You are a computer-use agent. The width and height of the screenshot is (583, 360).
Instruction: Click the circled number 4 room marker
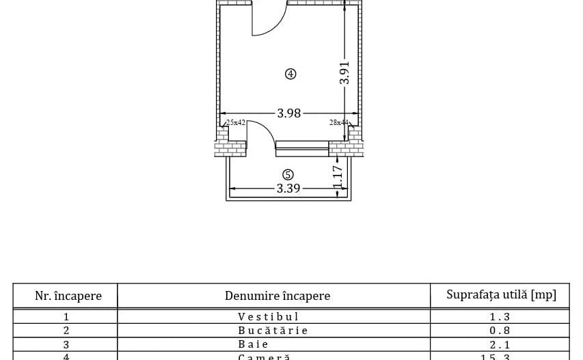click(x=290, y=74)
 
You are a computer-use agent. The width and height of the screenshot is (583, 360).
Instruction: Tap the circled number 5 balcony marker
click(x=288, y=175)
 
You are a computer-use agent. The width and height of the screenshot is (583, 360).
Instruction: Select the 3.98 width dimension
click(x=288, y=113)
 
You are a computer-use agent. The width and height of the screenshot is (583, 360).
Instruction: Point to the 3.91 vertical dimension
click(x=344, y=72)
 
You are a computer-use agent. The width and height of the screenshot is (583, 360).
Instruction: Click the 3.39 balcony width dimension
click(x=288, y=189)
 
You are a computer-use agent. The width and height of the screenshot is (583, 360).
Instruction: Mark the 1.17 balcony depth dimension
click(x=337, y=177)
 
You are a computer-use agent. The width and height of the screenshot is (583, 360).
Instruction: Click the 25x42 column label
click(x=236, y=122)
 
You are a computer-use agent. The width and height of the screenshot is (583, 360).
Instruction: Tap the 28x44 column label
click(x=338, y=122)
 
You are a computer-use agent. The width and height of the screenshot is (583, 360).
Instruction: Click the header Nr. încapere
click(x=68, y=296)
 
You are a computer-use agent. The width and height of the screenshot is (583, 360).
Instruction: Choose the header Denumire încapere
click(x=277, y=296)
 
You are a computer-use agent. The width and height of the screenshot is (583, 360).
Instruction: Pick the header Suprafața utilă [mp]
click(x=501, y=294)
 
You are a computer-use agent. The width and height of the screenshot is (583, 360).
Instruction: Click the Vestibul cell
click(x=269, y=316)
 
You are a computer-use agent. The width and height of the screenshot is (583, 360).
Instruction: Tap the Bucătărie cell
click(x=273, y=331)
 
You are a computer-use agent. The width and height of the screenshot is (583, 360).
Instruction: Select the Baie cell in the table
click(x=254, y=344)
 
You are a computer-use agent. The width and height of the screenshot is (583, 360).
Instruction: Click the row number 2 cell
click(x=66, y=331)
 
